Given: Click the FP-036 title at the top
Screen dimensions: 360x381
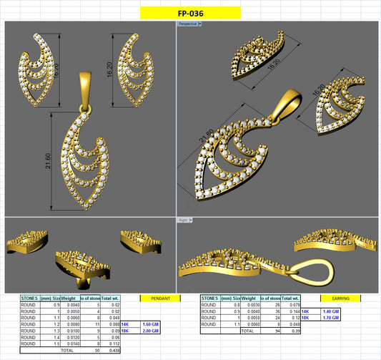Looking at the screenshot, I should click(x=190, y=13).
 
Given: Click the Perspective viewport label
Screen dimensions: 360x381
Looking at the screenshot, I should click(x=188, y=24).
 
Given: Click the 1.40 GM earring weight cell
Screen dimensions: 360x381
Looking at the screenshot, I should click(x=330, y=311).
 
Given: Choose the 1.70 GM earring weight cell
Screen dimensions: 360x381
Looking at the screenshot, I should click(x=330, y=318).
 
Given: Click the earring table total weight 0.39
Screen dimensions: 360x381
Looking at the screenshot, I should click(x=293, y=331).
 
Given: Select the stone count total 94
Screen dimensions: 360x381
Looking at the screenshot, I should click(x=277, y=331).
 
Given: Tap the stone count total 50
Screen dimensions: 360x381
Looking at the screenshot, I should click(x=95, y=351).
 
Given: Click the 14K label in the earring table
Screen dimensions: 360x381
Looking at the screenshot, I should click(x=305, y=311).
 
